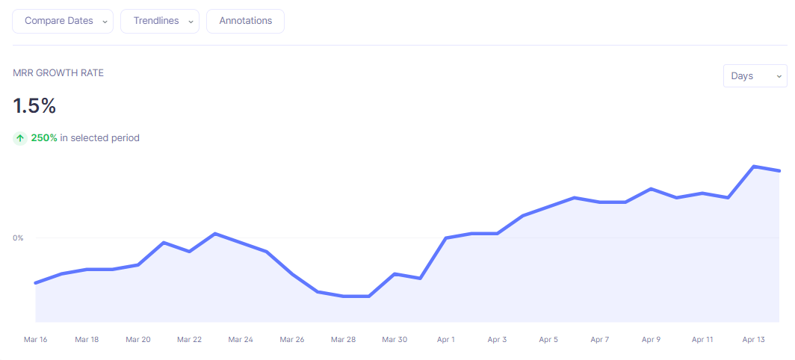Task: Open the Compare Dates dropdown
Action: (x=63, y=21)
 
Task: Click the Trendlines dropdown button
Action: (x=160, y=21)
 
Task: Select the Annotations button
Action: (x=245, y=21)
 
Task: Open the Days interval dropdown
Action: (x=755, y=76)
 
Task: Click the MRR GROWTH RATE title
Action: (x=58, y=73)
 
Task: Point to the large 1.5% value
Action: (x=35, y=106)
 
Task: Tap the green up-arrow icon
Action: (x=20, y=138)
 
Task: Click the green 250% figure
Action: (x=44, y=138)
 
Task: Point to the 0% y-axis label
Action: (x=18, y=238)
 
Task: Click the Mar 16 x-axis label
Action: (x=36, y=340)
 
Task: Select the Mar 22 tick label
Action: (x=190, y=340)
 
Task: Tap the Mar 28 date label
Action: (x=343, y=340)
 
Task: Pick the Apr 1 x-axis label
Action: (x=446, y=340)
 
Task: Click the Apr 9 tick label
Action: (x=651, y=340)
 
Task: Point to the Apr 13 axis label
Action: (x=754, y=340)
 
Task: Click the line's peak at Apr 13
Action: (x=754, y=167)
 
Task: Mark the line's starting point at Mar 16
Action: (x=36, y=283)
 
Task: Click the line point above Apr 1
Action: (x=446, y=238)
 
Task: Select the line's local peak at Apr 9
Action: (x=651, y=189)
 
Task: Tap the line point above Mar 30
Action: (x=395, y=274)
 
